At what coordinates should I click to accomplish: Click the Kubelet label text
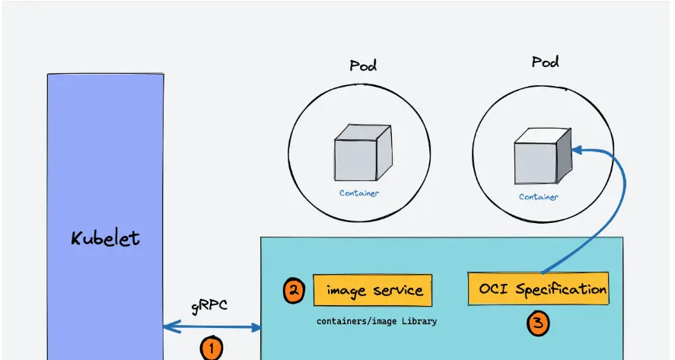point(105,238)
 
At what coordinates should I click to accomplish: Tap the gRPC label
point(209,307)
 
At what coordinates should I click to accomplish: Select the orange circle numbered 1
point(211,349)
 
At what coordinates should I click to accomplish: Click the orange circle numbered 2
point(295,292)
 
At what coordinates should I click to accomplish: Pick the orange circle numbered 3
point(538,323)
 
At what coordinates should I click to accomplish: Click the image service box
point(373,290)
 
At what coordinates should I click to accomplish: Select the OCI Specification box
point(539,289)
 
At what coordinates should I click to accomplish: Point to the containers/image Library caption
point(377,321)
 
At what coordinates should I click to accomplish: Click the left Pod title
point(363,65)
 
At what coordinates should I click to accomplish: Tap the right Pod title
point(545,62)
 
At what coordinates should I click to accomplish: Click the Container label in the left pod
point(359,193)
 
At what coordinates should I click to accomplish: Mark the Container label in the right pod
point(539,196)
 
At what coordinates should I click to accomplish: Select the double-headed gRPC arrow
point(212,327)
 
